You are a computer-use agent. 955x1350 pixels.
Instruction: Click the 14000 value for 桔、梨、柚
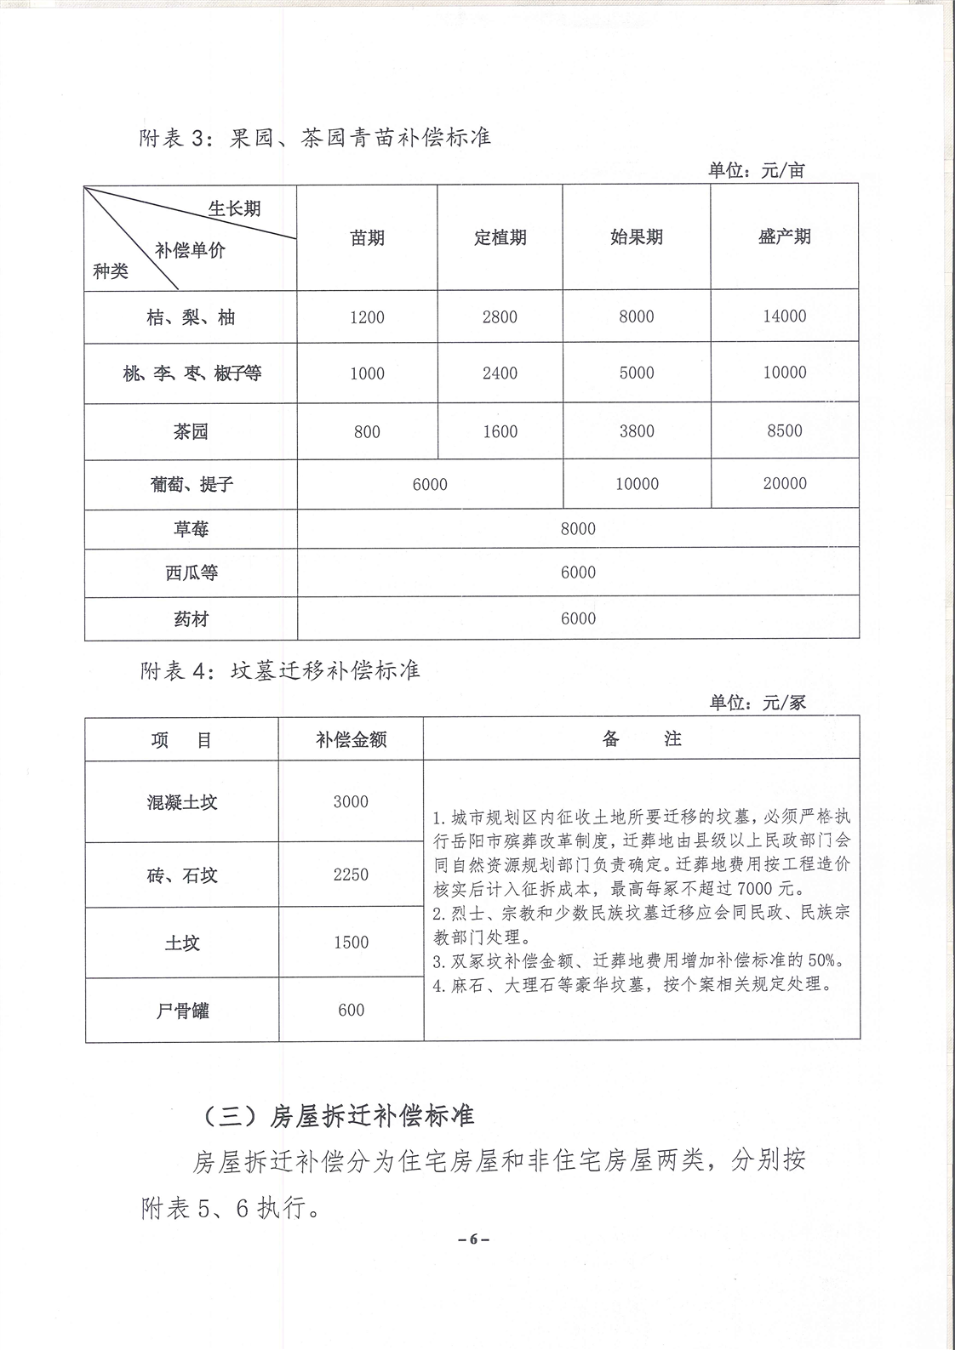click(x=784, y=316)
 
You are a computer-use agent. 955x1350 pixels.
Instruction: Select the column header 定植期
click(x=500, y=237)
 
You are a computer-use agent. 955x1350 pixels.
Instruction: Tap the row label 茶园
click(x=191, y=431)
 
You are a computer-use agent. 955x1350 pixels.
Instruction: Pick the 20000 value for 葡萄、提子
click(x=784, y=483)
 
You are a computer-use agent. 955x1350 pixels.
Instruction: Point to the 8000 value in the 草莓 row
click(x=578, y=529)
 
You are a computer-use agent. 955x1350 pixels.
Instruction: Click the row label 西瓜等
click(x=191, y=572)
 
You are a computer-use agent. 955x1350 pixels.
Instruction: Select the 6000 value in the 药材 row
click(x=578, y=618)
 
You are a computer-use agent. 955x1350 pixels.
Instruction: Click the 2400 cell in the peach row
click(x=500, y=373)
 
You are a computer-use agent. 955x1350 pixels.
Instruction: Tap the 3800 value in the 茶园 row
click(x=636, y=431)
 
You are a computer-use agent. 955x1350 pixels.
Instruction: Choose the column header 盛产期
click(x=784, y=236)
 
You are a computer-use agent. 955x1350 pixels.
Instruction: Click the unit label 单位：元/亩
click(x=756, y=170)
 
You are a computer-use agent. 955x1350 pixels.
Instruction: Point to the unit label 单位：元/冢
click(x=757, y=703)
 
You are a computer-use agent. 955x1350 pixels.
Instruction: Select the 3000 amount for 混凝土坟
click(x=351, y=801)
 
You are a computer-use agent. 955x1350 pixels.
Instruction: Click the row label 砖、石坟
click(x=181, y=874)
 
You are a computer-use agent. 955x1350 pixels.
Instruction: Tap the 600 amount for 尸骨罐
click(x=351, y=1010)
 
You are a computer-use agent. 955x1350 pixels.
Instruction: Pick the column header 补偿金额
click(x=351, y=739)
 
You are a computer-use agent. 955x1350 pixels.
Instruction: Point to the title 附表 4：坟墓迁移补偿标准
click(x=280, y=670)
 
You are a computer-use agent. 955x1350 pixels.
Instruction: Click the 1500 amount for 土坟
click(x=351, y=943)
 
